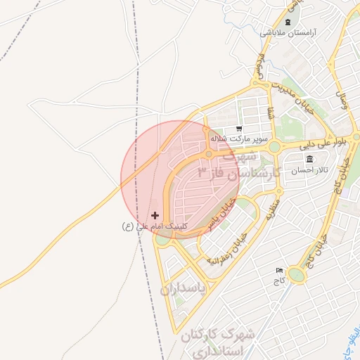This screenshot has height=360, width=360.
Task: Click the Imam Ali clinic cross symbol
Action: [155, 214]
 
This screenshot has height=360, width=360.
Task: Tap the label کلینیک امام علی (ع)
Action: [156, 226]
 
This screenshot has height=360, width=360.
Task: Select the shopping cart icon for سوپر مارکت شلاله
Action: [240, 129]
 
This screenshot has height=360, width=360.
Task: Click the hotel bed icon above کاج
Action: [280, 270]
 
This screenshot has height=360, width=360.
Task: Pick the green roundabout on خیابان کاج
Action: [297, 275]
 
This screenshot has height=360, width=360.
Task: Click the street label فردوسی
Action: [259, 66]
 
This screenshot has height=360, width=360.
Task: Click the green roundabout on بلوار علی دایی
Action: [274, 147]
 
